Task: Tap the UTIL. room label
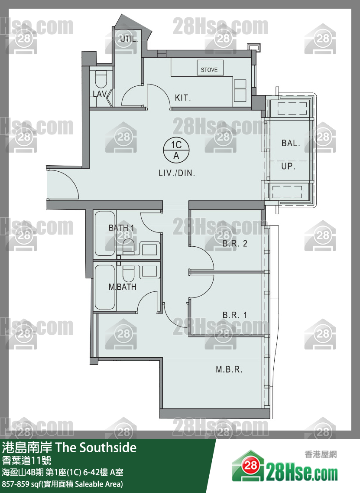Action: pyautogui.click(x=129, y=39)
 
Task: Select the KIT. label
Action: pyautogui.click(x=183, y=98)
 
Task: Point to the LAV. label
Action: pyautogui.click(x=100, y=94)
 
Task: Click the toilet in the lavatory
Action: pyautogui.click(x=101, y=79)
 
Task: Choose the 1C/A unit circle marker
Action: pyautogui.click(x=176, y=150)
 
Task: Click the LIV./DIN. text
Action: pyautogui.click(x=177, y=173)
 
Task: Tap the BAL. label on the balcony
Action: pyautogui.click(x=291, y=143)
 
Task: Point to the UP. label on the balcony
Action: pyautogui.click(x=288, y=166)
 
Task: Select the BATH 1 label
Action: pyautogui.click(x=121, y=228)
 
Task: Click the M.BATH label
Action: pyautogui.click(x=123, y=287)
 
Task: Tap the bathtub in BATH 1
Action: pyautogui.click(x=104, y=233)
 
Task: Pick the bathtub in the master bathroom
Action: pyautogui.click(x=104, y=287)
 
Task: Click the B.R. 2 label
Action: pyautogui.click(x=235, y=243)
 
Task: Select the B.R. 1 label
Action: pyautogui.click(x=235, y=315)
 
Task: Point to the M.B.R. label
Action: pyautogui.click(x=229, y=369)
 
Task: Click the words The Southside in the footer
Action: pyautogui.click(x=96, y=447)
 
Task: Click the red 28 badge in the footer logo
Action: pyautogui.click(x=251, y=465)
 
